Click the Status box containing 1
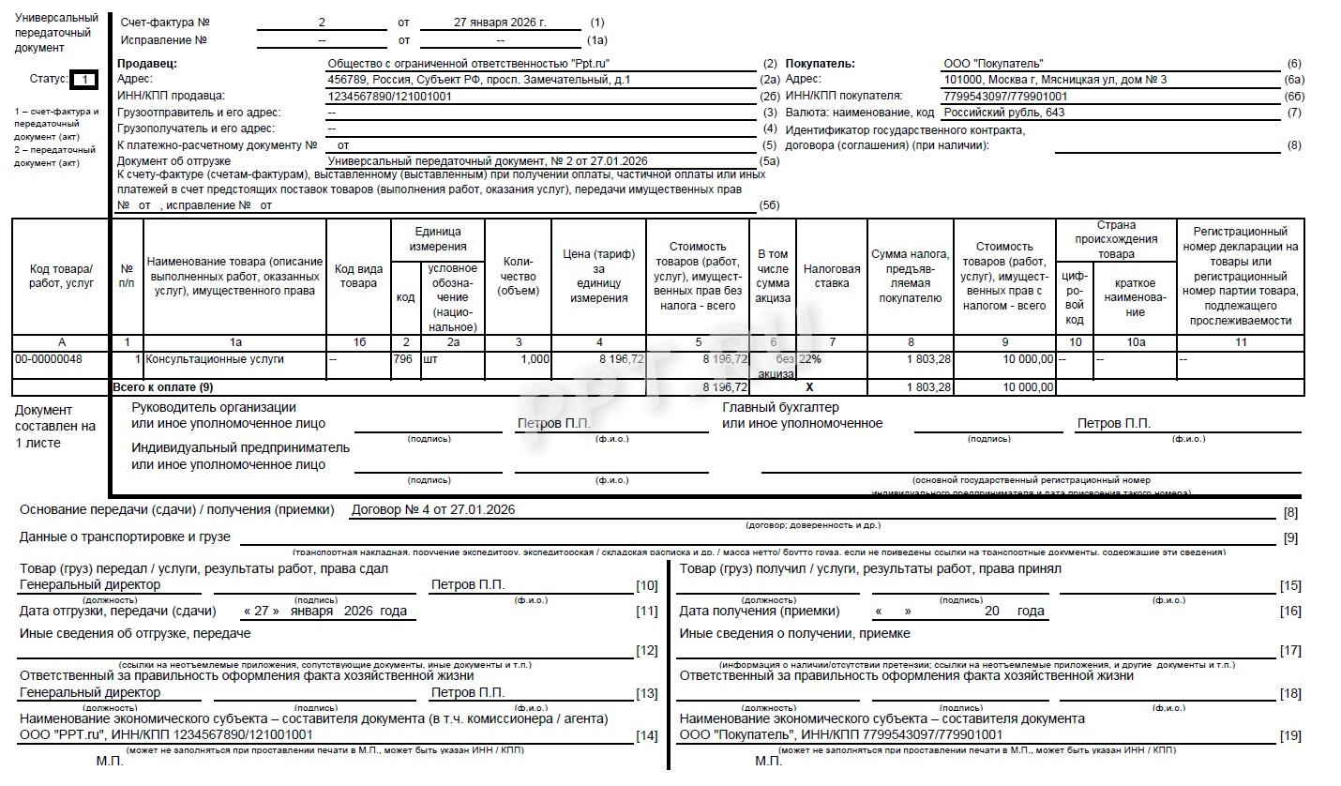tap(83, 80)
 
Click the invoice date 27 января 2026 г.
tap(500, 22)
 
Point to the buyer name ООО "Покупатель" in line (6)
tap(993, 64)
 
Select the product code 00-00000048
tap(48, 359)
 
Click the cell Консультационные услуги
tap(215, 359)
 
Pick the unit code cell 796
tap(404, 359)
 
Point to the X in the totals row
tap(809, 387)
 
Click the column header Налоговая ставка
tap(831, 276)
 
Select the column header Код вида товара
tap(358, 276)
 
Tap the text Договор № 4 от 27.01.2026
tap(432, 510)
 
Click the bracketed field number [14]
tap(646, 736)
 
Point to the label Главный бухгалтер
tap(780, 408)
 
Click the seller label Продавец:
tap(147, 64)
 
